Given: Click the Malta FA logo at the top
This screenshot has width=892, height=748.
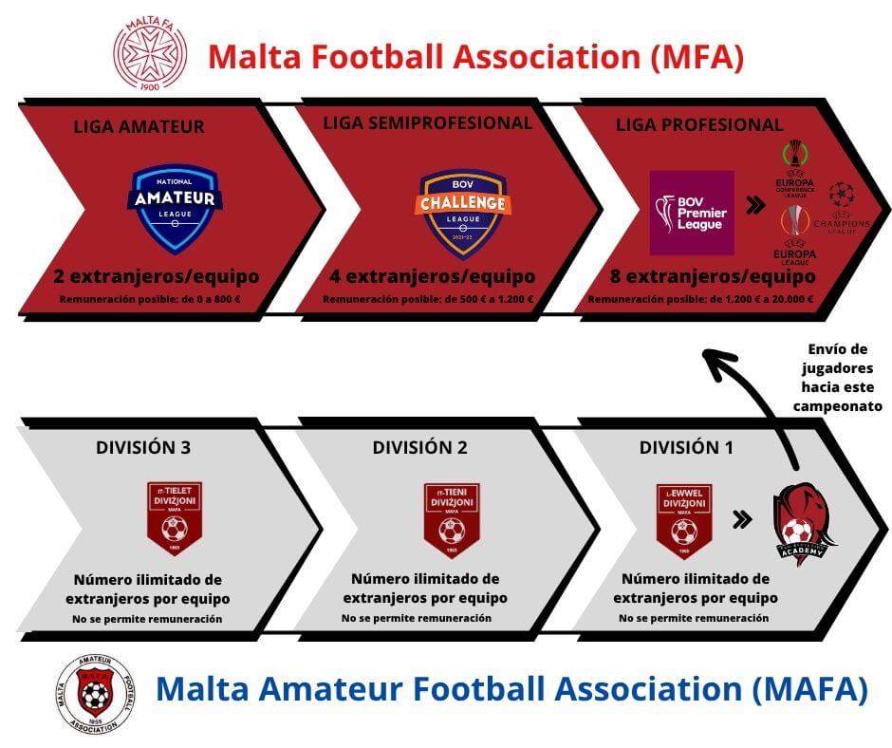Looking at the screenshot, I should coord(151,54).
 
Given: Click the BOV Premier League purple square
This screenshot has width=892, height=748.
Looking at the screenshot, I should coord(692,213).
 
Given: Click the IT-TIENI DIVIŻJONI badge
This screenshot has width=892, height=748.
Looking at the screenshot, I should coord(452,519).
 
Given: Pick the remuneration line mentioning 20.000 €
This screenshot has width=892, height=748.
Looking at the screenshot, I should coord(699,299).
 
